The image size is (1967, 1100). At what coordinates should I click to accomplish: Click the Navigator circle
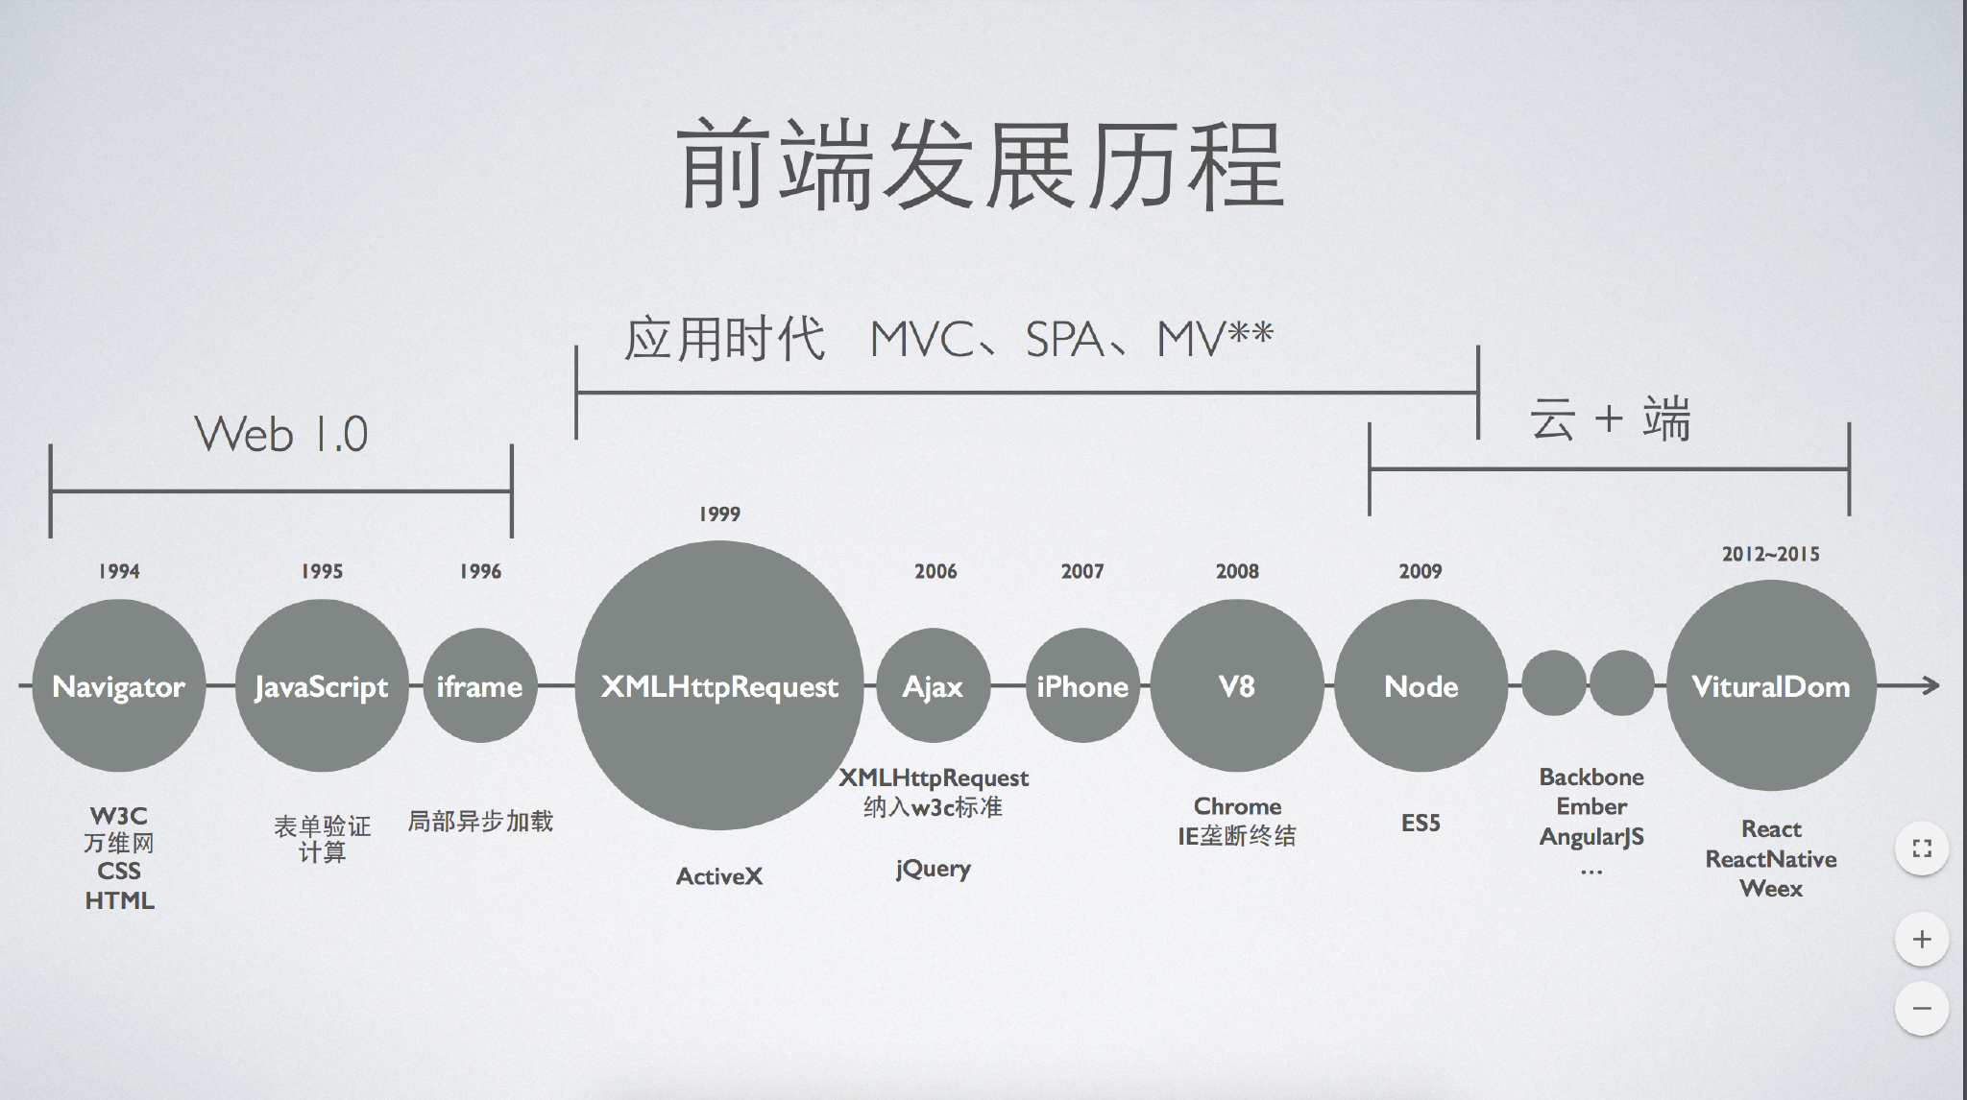[x=119, y=685]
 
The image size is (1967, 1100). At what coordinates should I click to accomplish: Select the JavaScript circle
[x=322, y=685]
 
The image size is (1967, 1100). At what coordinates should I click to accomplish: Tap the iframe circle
[x=479, y=685]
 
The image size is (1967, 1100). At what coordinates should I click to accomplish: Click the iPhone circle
[x=1082, y=685]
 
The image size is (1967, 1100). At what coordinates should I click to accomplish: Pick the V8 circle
[x=1237, y=685]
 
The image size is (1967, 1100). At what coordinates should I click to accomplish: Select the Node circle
[x=1421, y=685]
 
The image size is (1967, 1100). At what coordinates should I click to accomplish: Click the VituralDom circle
[x=1771, y=685]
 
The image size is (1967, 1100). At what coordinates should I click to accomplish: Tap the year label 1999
[x=719, y=514]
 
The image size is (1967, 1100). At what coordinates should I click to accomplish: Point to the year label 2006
[x=935, y=572]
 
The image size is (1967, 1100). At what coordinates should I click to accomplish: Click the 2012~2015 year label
[x=1770, y=554]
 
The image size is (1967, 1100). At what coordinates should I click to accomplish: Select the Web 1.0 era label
[x=281, y=435]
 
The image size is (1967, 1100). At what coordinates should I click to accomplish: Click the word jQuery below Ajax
[x=933, y=870]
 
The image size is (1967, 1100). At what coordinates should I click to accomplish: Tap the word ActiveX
[x=719, y=876]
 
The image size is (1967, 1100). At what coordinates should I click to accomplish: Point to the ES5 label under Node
[x=1421, y=823]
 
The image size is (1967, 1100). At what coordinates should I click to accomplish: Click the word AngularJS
[x=1591, y=837]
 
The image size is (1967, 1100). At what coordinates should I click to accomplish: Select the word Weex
[x=1771, y=889]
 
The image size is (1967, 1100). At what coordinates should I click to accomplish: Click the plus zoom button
[x=1922, y=939]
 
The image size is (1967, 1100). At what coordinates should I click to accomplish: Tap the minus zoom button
[x=1922, y=1008]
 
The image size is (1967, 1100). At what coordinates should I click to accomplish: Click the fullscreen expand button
[x=1922, y=849]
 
